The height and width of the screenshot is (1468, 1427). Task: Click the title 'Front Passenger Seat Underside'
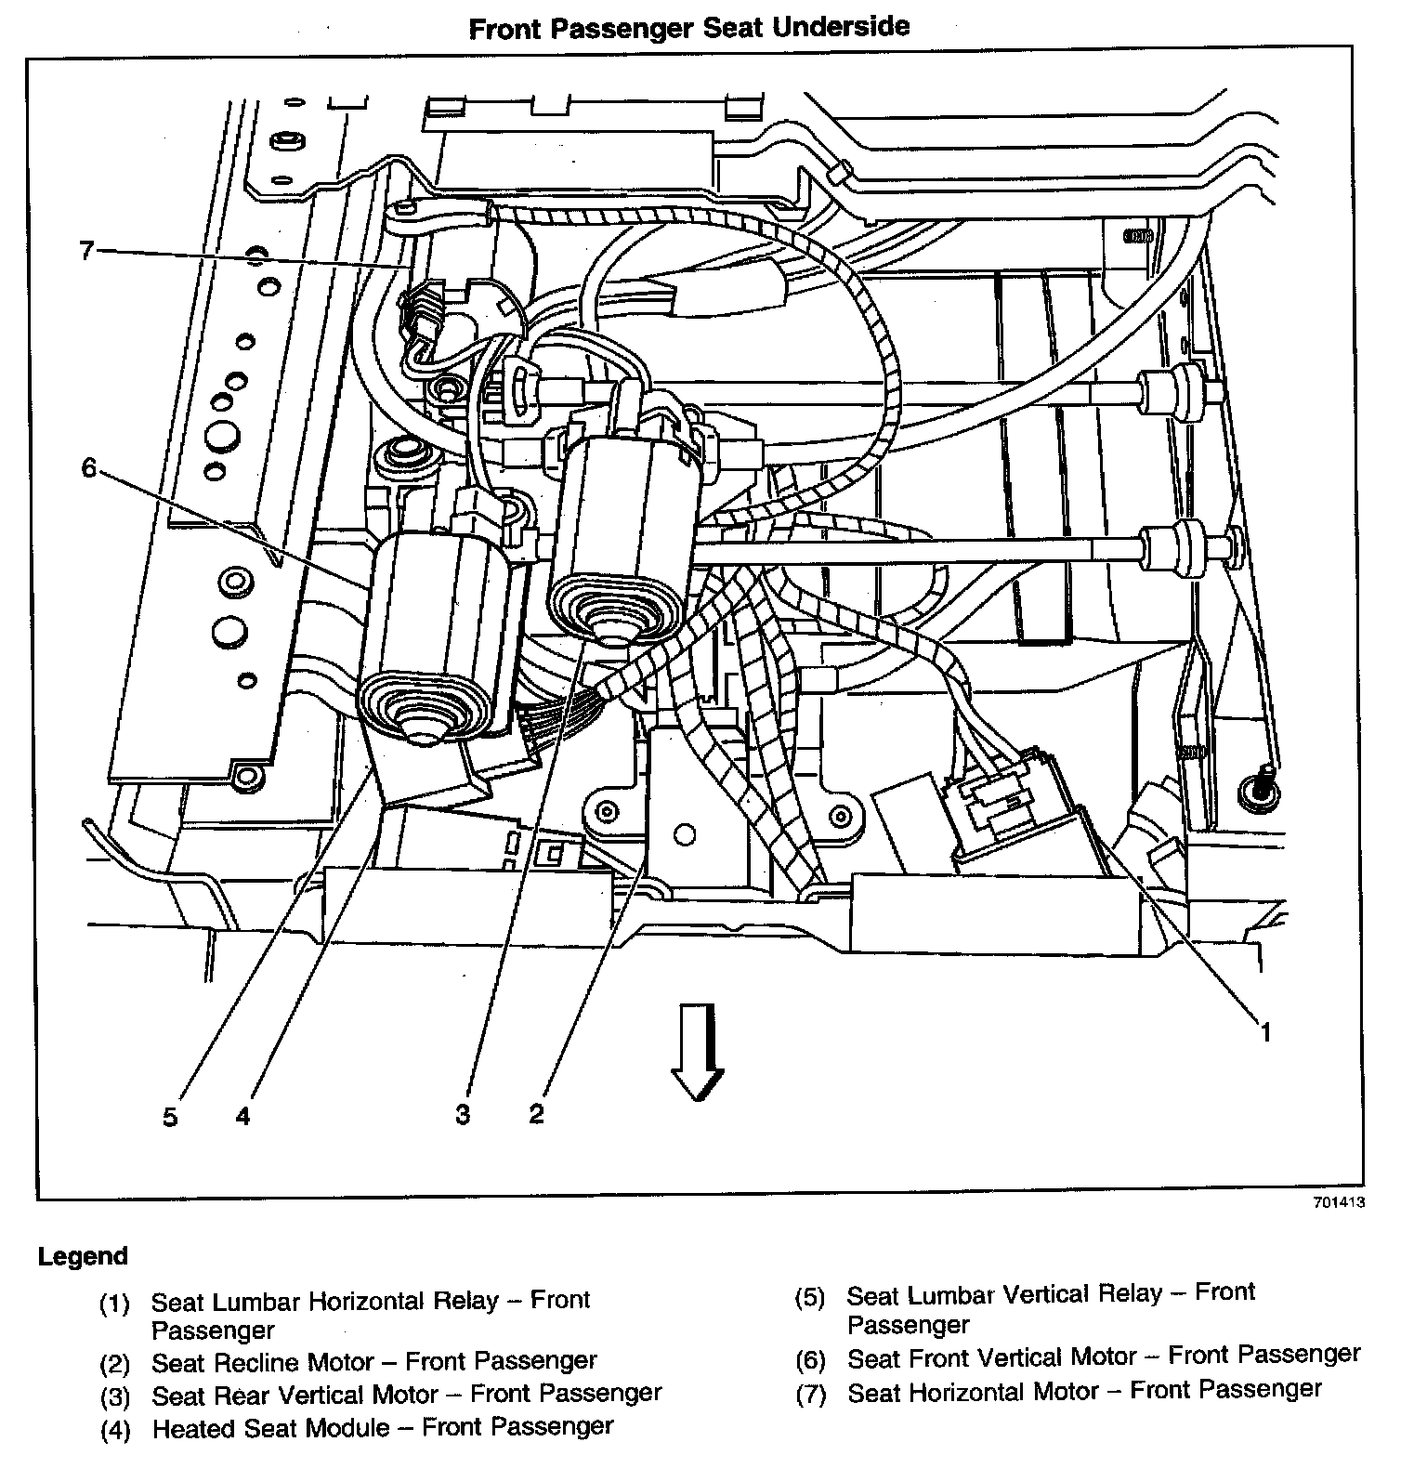pyautogui.click(x=688, y=27)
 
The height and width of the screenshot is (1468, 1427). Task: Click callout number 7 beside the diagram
pyautogui.click(x=86, y=250)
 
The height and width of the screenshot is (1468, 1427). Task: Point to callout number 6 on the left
pyautogui.click(x=88, y=467)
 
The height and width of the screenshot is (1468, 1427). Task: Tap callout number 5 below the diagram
pyautogui.click(x=170, y=1116)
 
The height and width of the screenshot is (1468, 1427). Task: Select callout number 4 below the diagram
pyautogui.click(x=242, y=1115)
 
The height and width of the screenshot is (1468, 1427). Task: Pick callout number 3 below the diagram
pyautogui.click(x=463, y=1114)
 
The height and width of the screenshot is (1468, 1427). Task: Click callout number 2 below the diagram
pyautogui.click(x=536, y=1113)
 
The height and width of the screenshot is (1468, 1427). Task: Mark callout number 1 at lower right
pyautogui.click(x=1264, y=1031)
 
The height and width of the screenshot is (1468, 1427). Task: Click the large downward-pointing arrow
pyautogui.click(x=698, y=1051)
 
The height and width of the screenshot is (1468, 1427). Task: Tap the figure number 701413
pyautogui.click(x=1339, y=1202)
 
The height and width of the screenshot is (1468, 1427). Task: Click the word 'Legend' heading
pyautogui.click(x=83, y=1256)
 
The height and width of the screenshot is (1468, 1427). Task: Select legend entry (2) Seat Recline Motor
pyautogui.click(x=374, y=1362)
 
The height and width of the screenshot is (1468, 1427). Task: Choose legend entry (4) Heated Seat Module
pyautogui.click(x=383, y=1426)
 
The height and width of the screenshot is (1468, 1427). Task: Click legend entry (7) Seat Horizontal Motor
pyautogui.click(x=1084, y=1391)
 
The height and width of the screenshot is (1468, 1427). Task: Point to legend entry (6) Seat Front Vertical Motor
pyautogui.click(x=1103, y=1357)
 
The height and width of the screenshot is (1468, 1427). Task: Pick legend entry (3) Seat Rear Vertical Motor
pyautogui.click(x=407, y=1394)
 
